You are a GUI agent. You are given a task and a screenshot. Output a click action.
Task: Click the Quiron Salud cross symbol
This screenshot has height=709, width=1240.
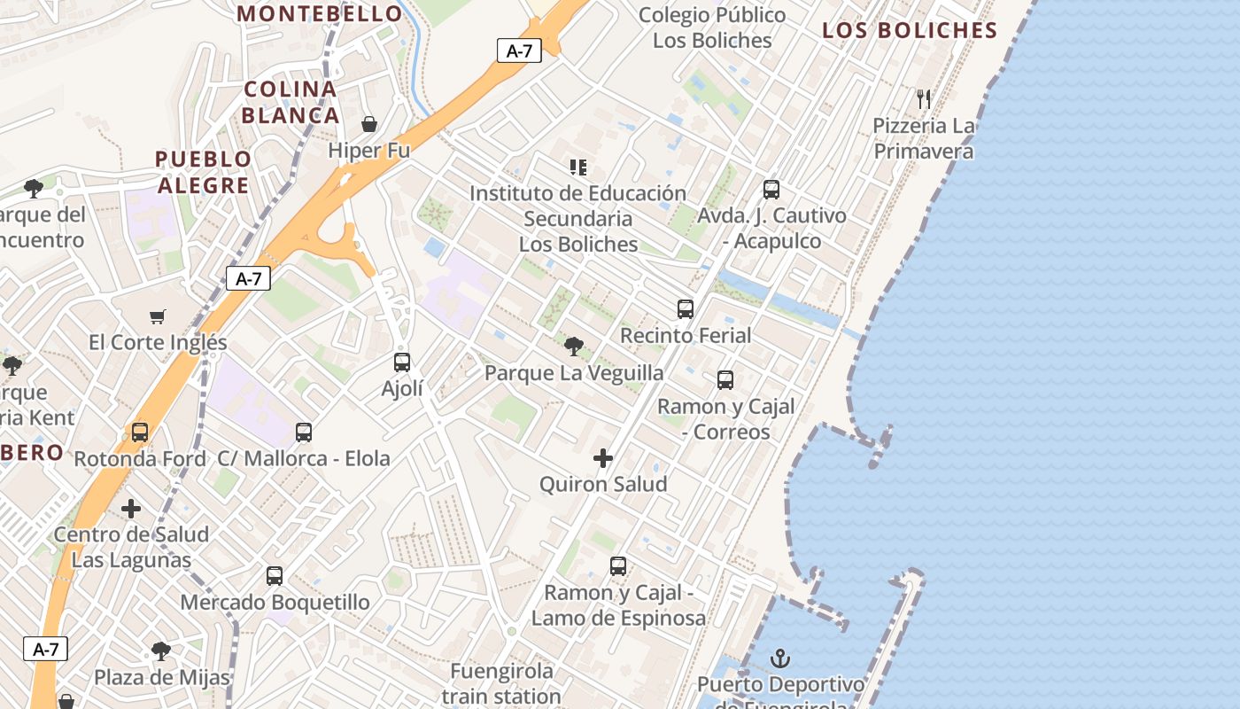[x=603, y=458]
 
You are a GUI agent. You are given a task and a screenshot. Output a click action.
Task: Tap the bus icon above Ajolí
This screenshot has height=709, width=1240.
[x=402, y=362]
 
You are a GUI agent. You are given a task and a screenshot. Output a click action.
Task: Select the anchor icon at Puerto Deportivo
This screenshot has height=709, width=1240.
[x=780, y=658]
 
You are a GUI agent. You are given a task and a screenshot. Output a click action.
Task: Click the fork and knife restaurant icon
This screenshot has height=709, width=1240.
[x=924, y=98]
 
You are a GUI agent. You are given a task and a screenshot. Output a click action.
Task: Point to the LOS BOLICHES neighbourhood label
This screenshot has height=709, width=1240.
[x=910, y=30]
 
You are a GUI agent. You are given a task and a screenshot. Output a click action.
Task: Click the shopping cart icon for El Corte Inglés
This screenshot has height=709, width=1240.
[x=158, y=316]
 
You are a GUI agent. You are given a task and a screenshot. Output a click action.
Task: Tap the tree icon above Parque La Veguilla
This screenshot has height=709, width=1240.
[x=574, y=346]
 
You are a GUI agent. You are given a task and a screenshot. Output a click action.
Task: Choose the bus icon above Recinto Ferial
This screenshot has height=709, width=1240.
[x=686, y=308]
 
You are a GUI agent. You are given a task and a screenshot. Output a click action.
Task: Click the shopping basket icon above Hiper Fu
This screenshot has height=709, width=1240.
[x=369, y=124]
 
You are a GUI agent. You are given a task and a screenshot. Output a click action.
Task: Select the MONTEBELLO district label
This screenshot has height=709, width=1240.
[x=321, y=13]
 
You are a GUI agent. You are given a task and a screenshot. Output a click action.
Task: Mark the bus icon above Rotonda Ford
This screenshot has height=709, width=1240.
[x=140, y=432]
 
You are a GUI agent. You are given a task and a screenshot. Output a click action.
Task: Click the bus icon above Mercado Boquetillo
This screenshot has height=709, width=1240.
[x=275, y=576]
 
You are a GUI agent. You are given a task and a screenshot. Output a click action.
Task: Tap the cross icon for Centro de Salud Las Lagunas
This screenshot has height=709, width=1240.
[x=131, y=509]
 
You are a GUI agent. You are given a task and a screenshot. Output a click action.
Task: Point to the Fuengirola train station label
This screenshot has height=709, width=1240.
[x=501, y=683]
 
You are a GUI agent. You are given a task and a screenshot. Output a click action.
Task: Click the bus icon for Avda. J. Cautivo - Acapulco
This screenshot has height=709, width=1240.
[x=771, y=189]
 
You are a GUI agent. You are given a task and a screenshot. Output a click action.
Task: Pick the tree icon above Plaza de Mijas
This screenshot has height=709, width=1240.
[x=161, y=651]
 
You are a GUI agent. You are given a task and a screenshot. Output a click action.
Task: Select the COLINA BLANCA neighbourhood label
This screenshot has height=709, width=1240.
[x=291, y=102]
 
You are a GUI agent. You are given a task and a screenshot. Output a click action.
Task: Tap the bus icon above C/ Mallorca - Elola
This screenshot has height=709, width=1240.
[x=304, y=432]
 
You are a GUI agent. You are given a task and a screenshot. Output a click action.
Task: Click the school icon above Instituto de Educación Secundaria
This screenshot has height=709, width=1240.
[x=578, y=167]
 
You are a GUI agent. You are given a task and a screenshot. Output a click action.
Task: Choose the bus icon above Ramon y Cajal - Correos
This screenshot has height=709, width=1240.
[x=725, y=380]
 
